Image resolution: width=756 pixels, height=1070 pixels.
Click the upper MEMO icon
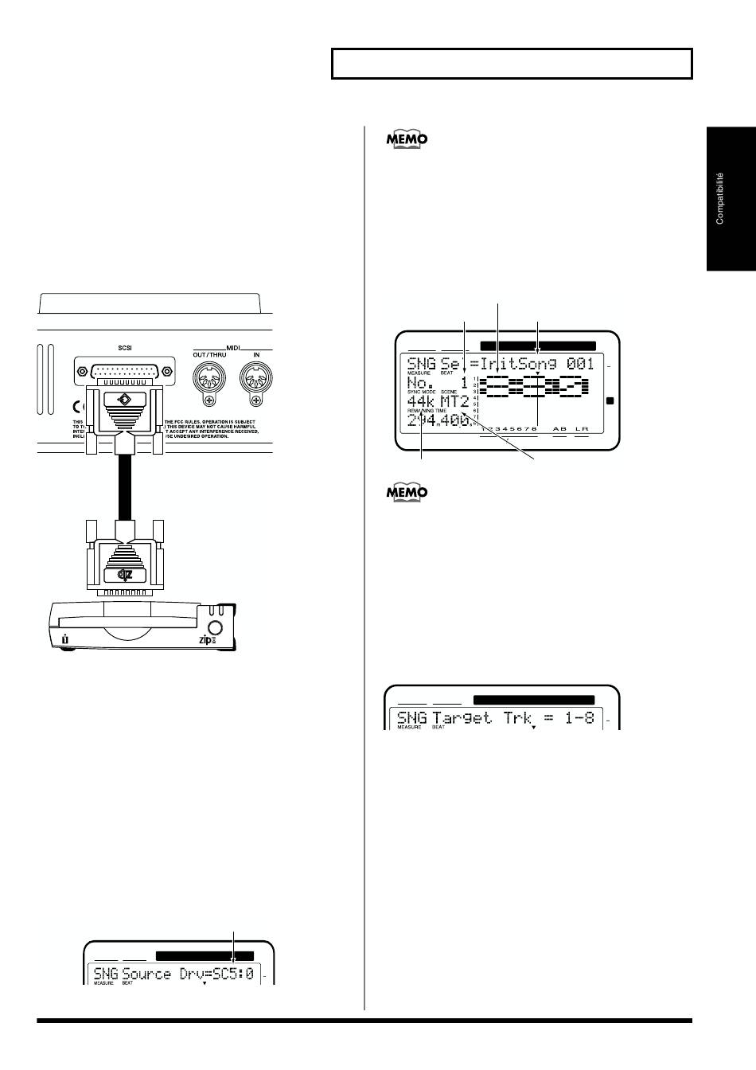click(x=407, y=139)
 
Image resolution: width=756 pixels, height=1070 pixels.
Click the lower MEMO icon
click(x=407, y=493)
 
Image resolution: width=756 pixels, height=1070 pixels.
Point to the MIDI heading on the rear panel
click(x=233, y=346)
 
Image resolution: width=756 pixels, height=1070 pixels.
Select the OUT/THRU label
click(x=209, y=354)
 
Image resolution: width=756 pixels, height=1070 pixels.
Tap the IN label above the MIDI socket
click(x=256, y=354)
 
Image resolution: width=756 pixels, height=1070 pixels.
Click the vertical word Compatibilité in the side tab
click(x=720, y=198)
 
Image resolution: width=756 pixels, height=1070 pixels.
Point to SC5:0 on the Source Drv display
click(x=232, y=973)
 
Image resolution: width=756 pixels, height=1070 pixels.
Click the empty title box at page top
click(x=512, y=64)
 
